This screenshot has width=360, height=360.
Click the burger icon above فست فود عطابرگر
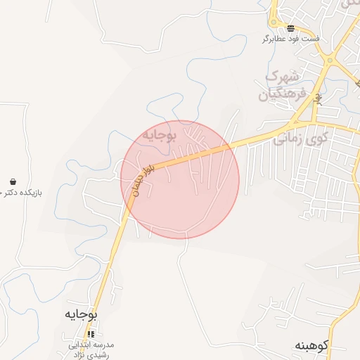click(291, 28)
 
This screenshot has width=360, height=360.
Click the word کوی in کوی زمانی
click(317, 139)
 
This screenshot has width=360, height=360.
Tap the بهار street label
click(318, 94)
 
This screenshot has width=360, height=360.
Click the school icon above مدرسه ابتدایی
click(90, 334)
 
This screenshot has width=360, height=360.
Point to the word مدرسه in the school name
click(111, 345)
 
